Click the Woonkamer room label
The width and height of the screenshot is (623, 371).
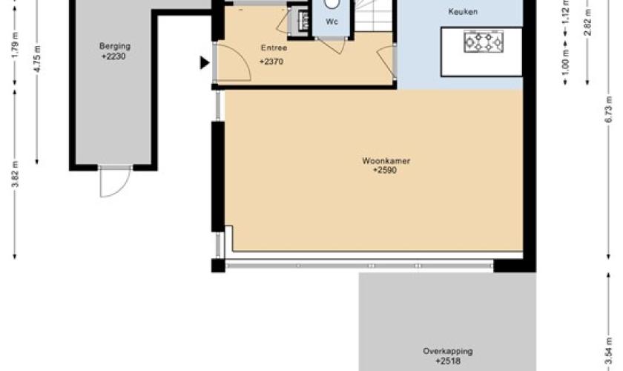[x=386, y=161]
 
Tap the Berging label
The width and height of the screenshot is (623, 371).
[x=115, y=46]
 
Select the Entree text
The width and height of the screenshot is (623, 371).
[x=274, y=47]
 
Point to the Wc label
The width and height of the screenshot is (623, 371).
[x=332, y=22]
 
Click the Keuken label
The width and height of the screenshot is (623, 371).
[x=463, y=12]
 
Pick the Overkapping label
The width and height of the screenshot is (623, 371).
[x=448, y=351]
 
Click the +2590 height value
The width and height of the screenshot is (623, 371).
[x=385, y=171]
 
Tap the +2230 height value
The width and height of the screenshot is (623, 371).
[x=113, y=56]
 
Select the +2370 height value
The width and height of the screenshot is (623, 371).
[x=271, y=62]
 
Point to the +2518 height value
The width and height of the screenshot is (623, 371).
[x=448, y=361]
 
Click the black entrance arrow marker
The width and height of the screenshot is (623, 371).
[x=205, y=62]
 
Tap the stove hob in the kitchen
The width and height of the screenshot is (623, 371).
[x=484, y=42]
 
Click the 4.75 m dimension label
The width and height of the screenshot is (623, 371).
[x=37, y=59]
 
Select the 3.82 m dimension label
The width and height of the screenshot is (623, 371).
[x=15, y=174]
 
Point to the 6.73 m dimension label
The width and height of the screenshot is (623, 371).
[x=609, y=109]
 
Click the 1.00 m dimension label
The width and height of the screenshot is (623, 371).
[x=566, y=62]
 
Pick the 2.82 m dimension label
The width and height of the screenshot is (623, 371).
[x=588, y=22]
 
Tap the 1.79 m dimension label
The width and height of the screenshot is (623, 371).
[x=15, y=45]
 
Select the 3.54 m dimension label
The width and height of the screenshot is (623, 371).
[x=609, y=350]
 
